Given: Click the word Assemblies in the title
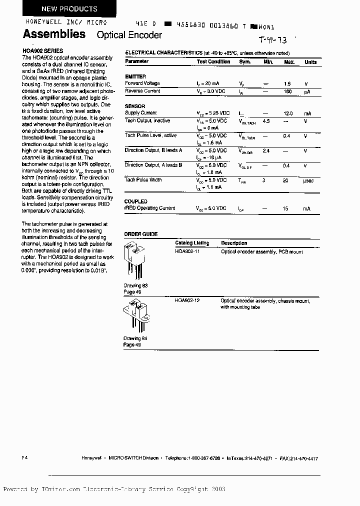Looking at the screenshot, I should pyautogui.click(x=54, y=34).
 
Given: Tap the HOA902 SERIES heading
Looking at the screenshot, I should pyautogui.click(x=43, y=51).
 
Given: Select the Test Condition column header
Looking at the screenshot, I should pyautogui.click(x=213, y=62).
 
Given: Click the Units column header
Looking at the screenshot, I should pyautogui.click(x=310, y=62).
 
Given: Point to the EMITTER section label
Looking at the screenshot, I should pyautogui.click(x=135, y=76).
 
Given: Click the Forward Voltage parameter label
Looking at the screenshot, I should pyautogui.click(x=142, y=83).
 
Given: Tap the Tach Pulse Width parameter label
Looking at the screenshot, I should pyautogui.click(x=143, y=180).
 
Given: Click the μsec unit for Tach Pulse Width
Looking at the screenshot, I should pyautogui.click(x=308, y=180).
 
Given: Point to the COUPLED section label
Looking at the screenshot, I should pyautogui.click(x=135, y=201).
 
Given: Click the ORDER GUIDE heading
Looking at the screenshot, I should pyautogui.click(x=141, y=234).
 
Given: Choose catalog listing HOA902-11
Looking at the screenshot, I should pyautogui.click(x=187, y=251).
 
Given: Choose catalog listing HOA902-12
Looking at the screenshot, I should pyautogui.click(x=187, y=300).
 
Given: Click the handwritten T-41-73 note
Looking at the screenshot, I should pyautogui.click(x=273, y=40).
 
